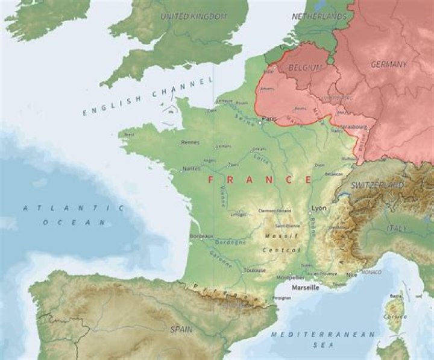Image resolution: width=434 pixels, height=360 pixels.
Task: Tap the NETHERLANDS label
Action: coord(319,16)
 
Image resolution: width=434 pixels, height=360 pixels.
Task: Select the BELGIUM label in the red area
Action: coord(305,68)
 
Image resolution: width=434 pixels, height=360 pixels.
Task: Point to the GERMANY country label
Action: coord(388,65)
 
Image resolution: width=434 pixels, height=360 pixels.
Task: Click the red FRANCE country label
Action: coord(260,180)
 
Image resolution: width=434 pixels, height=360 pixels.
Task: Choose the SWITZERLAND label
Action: coord(377,184)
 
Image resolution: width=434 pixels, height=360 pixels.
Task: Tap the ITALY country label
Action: coord(397,229)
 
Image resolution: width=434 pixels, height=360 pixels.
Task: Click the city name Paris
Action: coord(269,119)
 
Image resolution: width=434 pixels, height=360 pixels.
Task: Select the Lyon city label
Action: coord(319,208)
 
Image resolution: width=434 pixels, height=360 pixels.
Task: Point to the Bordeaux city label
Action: coord(202,236)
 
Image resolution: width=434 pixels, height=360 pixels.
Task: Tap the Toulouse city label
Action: coord(254,271)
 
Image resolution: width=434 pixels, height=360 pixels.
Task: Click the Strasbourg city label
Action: coord(354,127)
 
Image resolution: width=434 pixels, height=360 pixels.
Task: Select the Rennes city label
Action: coord(189,143)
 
